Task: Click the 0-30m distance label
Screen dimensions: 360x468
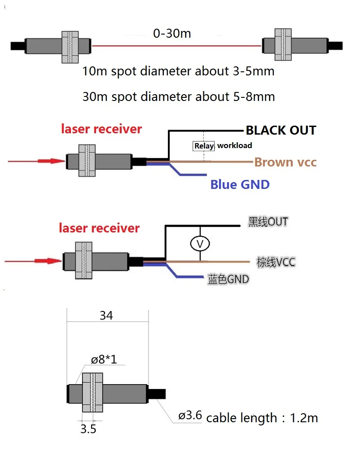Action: click(x=172, y=33)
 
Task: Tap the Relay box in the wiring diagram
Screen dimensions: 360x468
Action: click(x=204, y=146)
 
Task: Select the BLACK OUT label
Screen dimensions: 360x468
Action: click(x=281, y=131)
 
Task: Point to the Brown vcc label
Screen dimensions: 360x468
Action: click(x=285, y=162)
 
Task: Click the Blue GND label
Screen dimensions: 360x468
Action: click(x=240, y=184)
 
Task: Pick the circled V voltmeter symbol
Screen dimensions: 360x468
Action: click(x=200, y=244)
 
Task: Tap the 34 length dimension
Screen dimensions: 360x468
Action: click(x=106, y=315)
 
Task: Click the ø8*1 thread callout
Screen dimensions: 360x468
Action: click(x=104, y=359)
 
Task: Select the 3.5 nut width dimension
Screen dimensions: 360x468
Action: click(x=88, y=429)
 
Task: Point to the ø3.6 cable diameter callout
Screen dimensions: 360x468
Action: click(x=190, y=415)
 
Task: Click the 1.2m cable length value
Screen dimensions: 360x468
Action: click(x=304, y=418)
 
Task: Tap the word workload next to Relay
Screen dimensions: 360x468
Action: click(x=235, y=145)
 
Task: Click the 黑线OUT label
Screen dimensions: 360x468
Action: click(x=268, y=222)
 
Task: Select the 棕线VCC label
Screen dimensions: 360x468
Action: click(x=276, y=262)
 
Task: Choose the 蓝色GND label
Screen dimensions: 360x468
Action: click(x=228, y=280)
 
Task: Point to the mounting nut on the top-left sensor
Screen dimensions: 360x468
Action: click(x=70, y=47)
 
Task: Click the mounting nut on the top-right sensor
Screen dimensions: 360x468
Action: click(x=283, y=44)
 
